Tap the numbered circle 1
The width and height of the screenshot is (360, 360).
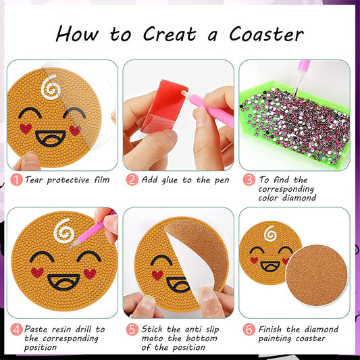(x=16, y=180)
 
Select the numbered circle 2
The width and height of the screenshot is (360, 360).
(x=132, y=180)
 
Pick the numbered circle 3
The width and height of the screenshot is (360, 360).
(x=249, y=180)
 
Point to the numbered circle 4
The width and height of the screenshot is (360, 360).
(x=16, y=330)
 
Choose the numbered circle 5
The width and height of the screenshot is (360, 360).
(x=132, y=330)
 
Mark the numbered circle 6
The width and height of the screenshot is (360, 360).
(x=249, y=330)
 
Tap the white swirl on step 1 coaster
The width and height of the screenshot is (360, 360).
(x=49, y=86)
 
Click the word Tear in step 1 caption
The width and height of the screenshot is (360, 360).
(x=36, y=180)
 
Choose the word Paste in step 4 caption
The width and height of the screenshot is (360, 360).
(x=39, y=329)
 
